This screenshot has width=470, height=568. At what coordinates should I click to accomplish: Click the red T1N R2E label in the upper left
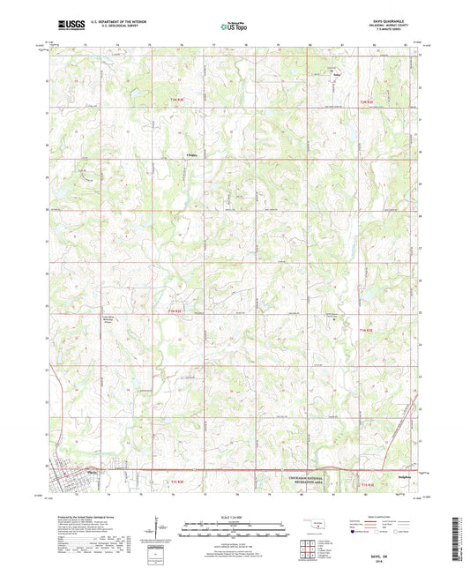(175, 100)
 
